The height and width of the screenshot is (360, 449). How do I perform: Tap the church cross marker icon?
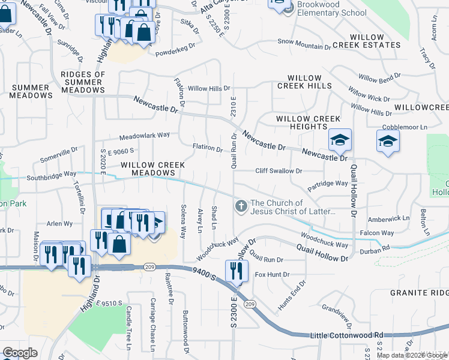(241, 207)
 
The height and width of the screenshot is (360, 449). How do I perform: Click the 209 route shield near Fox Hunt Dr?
(250, 305)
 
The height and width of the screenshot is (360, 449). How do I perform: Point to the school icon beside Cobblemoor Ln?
(388, 142)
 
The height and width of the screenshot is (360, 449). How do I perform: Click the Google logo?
(20, 353)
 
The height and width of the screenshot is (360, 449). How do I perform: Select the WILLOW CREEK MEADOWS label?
(148, 169)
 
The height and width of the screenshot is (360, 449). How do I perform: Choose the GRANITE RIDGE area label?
(419, 293)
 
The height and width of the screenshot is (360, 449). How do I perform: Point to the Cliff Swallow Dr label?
(279, 171)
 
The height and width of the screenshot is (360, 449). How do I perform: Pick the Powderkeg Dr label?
(176, 46)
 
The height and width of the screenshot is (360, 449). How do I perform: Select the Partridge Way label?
(327, 184)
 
